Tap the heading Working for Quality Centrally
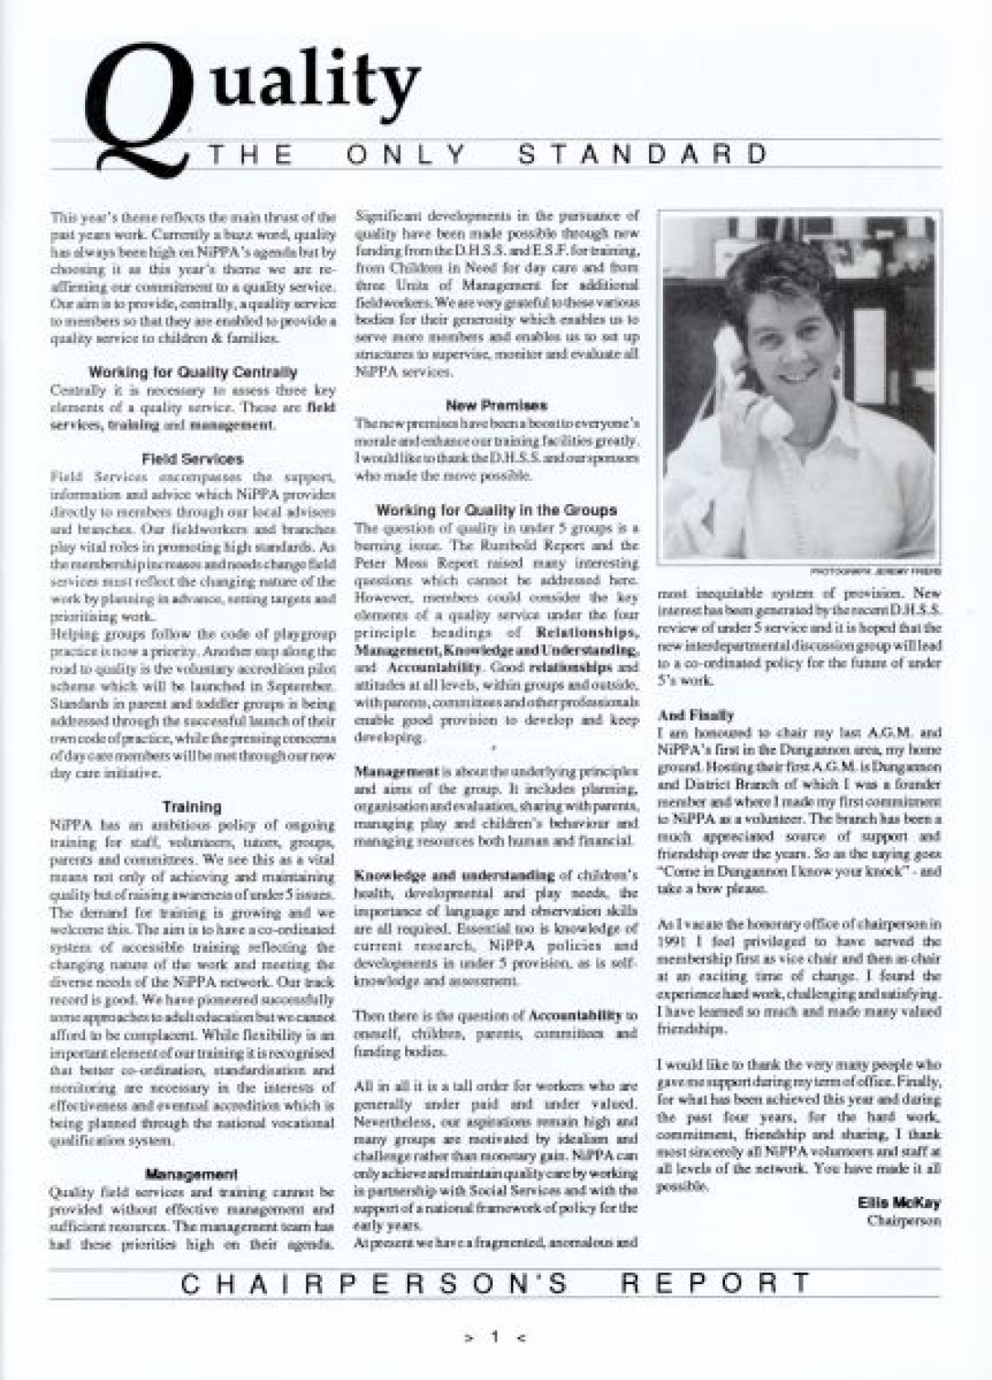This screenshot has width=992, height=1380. click(x=193, y=372)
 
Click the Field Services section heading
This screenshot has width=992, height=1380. click(x=193, y=459)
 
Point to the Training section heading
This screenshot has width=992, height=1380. click(x=192, y=806)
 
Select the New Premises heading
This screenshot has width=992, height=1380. click(x=496, y=405)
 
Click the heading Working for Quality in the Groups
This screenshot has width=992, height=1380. click(x=496, y=510)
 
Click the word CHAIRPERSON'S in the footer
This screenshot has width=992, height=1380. click(x=374, y=1283)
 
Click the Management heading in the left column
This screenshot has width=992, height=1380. click(x=192, y=1173)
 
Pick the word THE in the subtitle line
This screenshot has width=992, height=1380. click(x=252, y=155)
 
